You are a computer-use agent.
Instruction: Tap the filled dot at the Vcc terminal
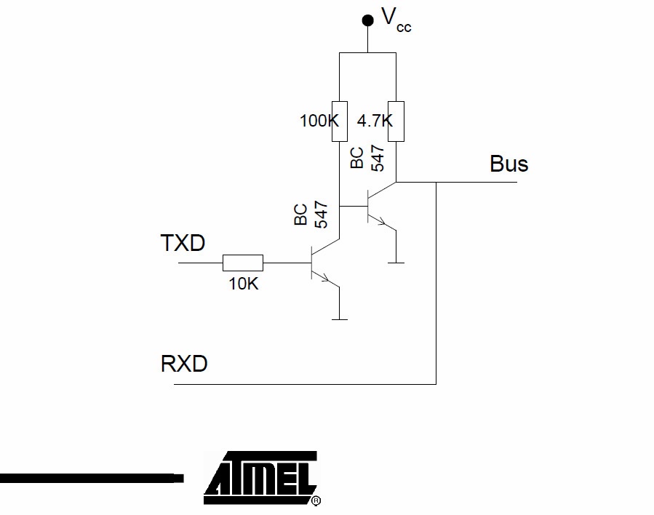367,20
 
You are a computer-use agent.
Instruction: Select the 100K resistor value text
319,121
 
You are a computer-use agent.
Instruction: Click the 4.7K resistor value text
374,121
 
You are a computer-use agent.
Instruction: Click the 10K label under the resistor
244,284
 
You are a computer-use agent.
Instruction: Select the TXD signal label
182,243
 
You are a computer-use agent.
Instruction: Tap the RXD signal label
183,363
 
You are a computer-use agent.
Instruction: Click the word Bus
509,164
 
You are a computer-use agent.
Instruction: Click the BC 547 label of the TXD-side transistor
311,215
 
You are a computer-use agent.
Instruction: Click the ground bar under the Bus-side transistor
396,262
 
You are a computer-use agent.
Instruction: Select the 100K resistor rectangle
339,119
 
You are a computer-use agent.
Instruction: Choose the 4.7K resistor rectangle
396,119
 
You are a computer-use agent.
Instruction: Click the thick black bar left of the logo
91,478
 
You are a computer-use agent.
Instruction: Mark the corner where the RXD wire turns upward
436,383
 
